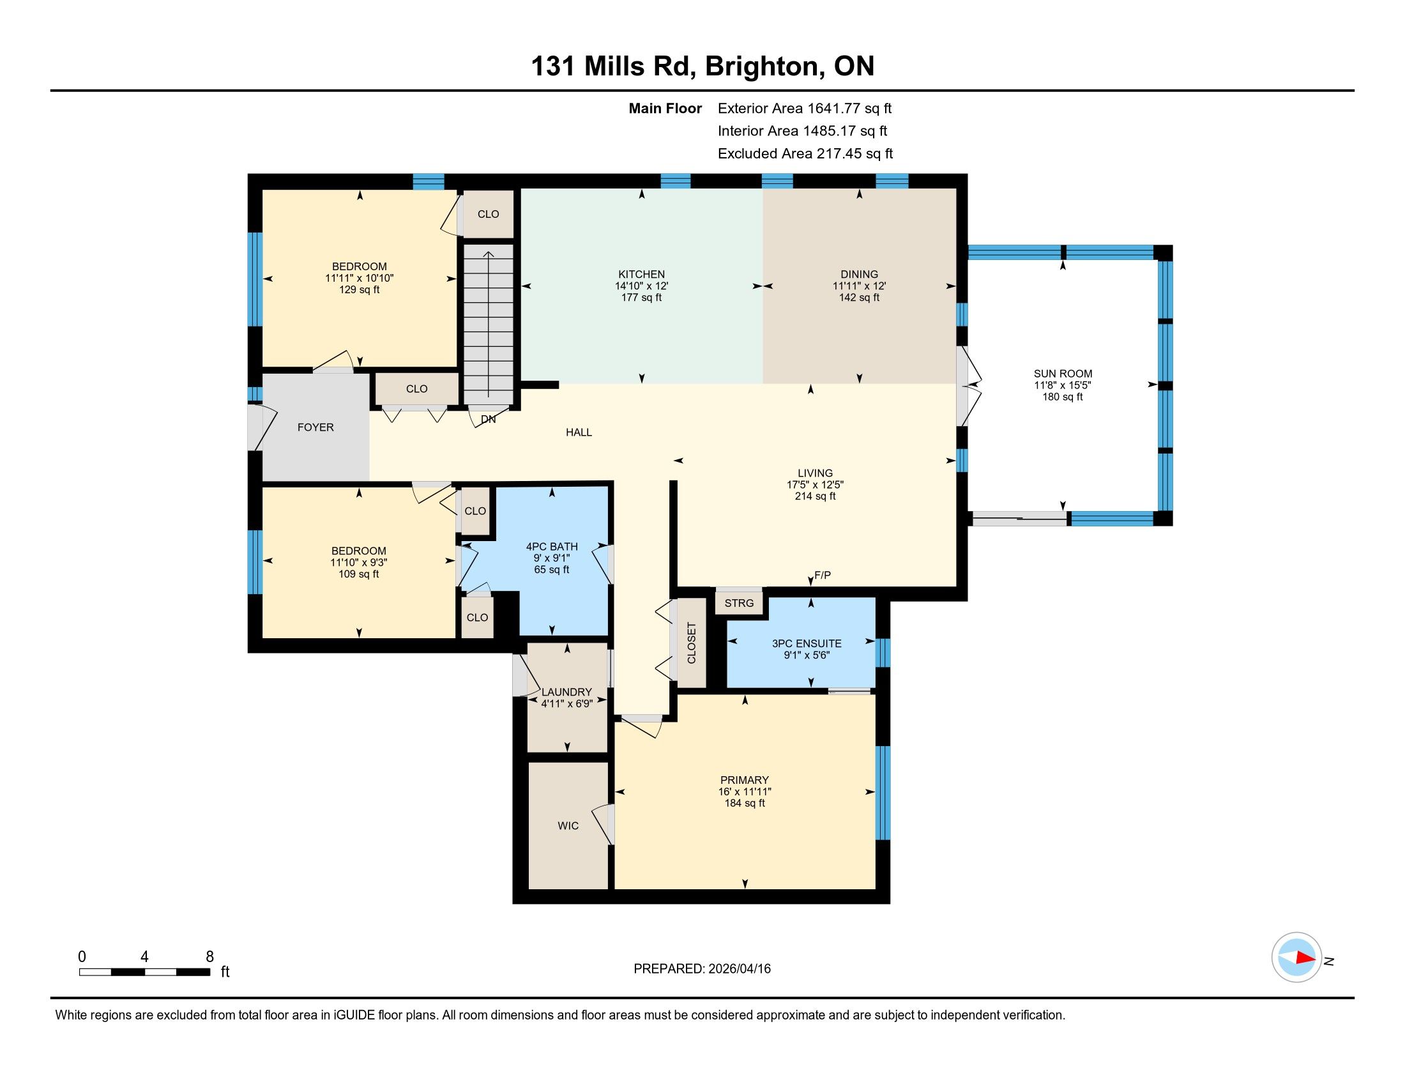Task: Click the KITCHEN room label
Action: [641, 274]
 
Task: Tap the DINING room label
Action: [859, 274]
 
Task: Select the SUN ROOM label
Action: [1063, 374]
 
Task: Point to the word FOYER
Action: [315, 427]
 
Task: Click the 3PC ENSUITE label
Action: [807, 643]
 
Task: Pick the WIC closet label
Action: [568, 825]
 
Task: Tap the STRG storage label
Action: [738, 603]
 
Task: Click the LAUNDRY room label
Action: [566, 692]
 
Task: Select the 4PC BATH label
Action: [552, 546]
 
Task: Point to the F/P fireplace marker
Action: [823, 575]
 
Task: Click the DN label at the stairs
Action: [489, 419]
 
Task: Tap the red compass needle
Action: [1305, 958]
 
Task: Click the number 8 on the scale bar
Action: [209, 957]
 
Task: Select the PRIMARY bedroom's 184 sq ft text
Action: [745, 803]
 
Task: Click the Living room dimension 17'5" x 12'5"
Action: [815, 484]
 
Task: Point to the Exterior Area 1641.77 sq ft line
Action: [805, 108]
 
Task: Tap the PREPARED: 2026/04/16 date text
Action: [702, 968]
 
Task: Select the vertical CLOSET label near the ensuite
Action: [692, 643]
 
